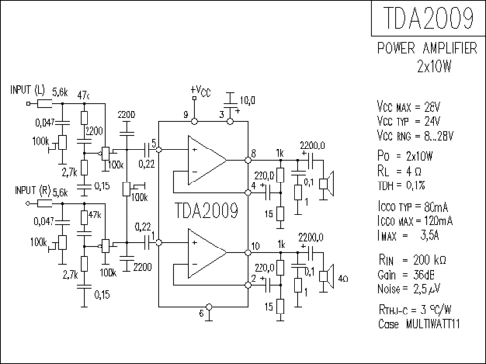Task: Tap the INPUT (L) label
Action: [x=27, y=89]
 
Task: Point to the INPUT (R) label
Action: [x=27, y=192]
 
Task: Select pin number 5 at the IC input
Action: [x=151, y=146]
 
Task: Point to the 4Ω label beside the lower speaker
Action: [x=345, y=279]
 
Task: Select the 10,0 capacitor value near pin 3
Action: [x=247, y=99]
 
